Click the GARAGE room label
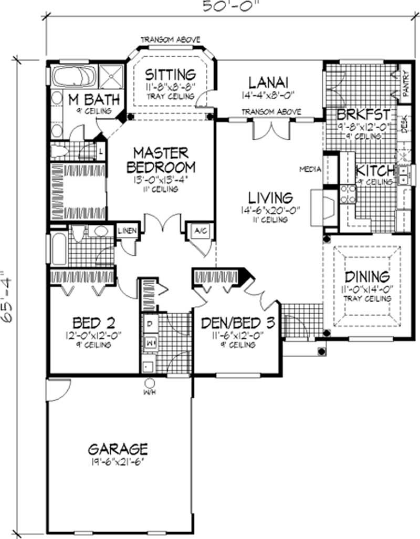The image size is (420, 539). pyautogui.click(x=118, y=449)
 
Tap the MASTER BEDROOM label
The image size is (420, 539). pyautogui.click(x=160, y=160)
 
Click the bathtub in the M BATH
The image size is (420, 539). pyautogui.click(x=74, y=77)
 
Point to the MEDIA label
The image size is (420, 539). pyautogui.click(x=310, y=169)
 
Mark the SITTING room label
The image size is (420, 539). pyautogui.click(x=170, y=74)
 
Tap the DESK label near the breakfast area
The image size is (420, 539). pyautogui.click(x=404, y=125)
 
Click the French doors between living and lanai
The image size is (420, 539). pyautogui.click(x=270, y=129)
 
